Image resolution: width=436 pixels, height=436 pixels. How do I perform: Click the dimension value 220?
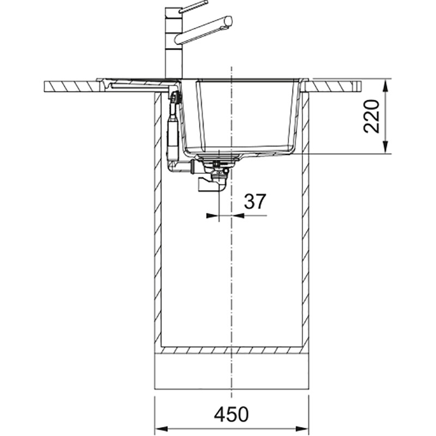tap(372, 116)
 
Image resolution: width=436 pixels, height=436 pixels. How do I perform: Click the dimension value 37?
tap(255, 202)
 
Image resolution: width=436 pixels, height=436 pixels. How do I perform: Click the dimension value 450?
tap(231, 414)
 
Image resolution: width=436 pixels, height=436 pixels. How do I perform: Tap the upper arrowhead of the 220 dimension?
tap(385, 86)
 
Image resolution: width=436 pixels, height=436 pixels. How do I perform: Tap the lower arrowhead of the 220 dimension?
tap(385, 147)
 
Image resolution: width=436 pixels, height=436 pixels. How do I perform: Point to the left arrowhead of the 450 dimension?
tap(161, 428)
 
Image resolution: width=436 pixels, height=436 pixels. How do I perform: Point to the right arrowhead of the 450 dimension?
tap(302, 428)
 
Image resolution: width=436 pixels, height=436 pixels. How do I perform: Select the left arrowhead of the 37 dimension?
tap(213, 215)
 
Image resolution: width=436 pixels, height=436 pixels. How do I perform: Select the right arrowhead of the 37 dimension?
tap(238, 215)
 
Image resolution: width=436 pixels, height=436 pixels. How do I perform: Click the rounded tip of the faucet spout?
tap(228, 21)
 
